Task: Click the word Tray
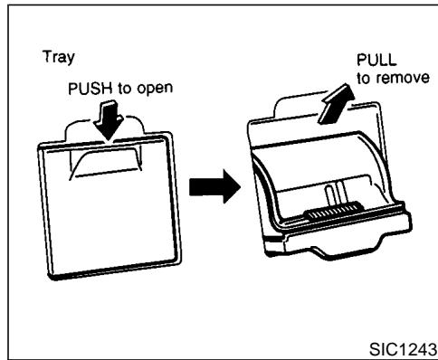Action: pyautogui.click(x=59, y=57)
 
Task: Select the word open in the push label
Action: pyautogui.click(x=155, y=90)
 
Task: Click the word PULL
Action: pyautogui.click(x=376, y=60)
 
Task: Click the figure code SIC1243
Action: pyautogui.click(x=403, y=349)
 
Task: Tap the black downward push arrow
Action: pyautogui.click(x=109, y=121)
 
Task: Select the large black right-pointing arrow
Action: pyautogui.click(x=214, y=186)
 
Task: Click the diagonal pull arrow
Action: pyautogui.click(x=337, y=104)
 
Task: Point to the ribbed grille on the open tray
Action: pyautogui.click(x=334, y=211)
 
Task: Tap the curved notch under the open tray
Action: pyautogui.click(x=346, y=251)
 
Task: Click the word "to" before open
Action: pyautogui.click(x=124, y=90)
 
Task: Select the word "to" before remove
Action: pyautogui.click(x=364, y=79)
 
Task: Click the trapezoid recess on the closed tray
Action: pyautogui.click(x=106, y=163)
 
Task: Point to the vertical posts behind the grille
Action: pyautogui.click(x=336, y=193)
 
